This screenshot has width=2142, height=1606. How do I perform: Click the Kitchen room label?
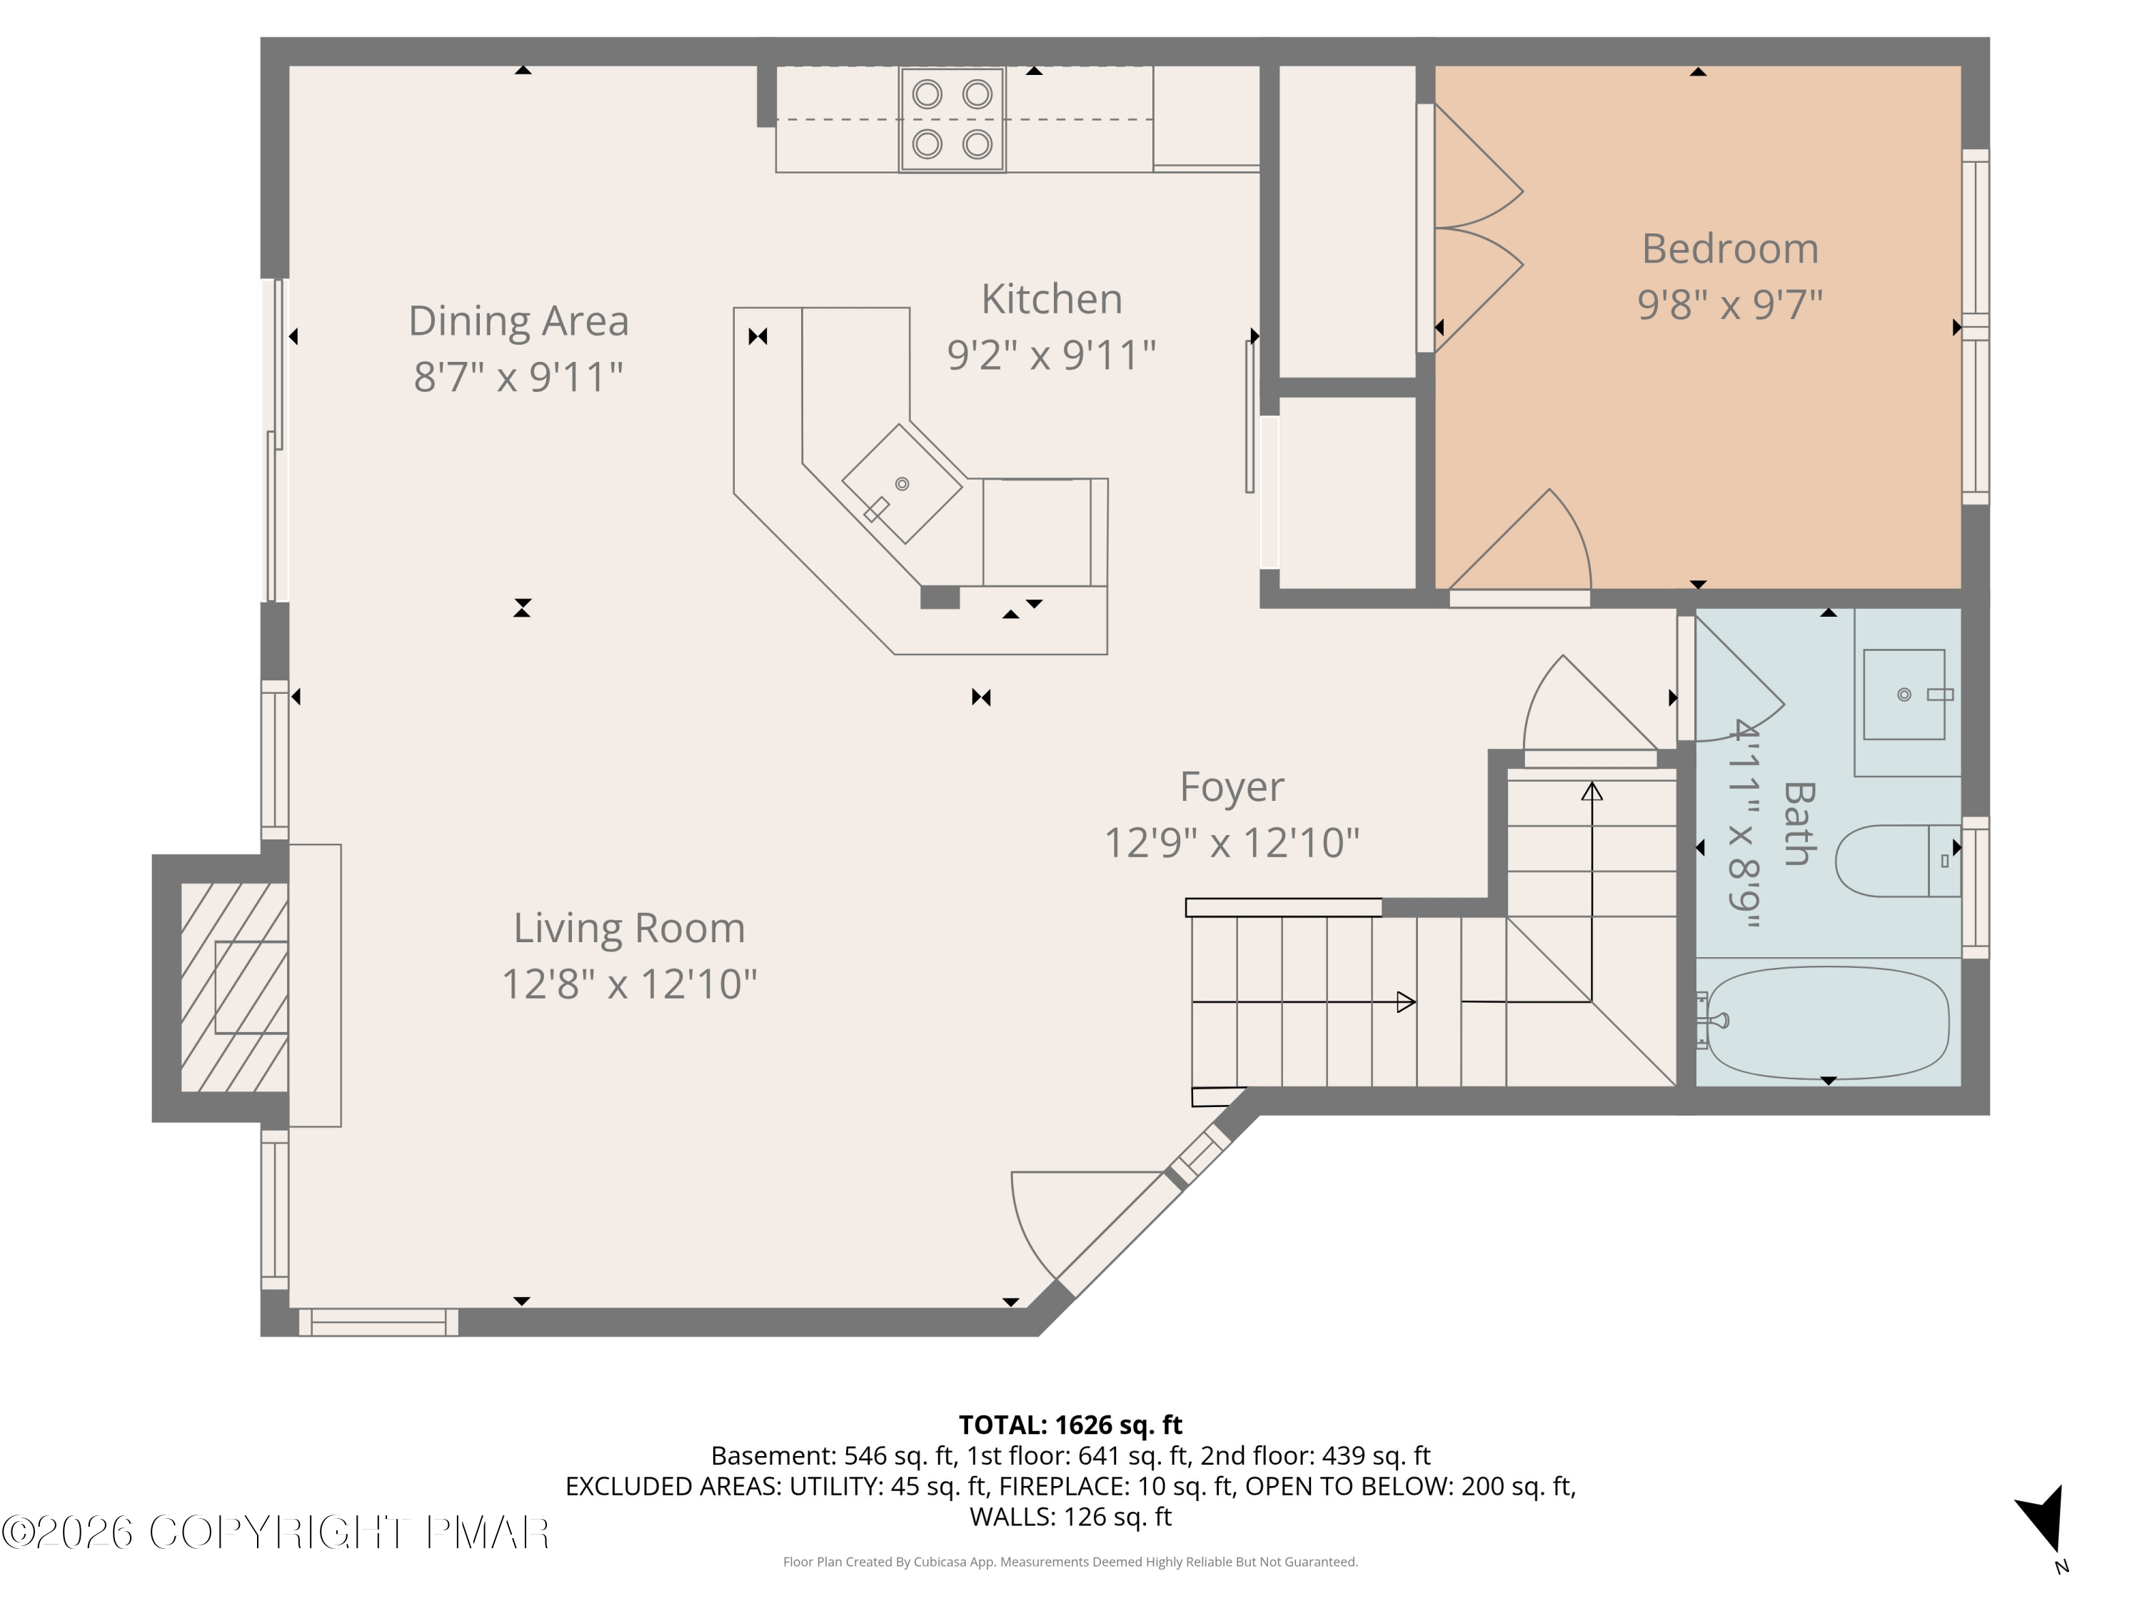coord(1052,299)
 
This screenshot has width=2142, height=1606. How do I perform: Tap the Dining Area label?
coord(518,321)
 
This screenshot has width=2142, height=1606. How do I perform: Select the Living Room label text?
coord(630,929)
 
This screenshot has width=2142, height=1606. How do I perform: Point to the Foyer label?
coord(1232,788)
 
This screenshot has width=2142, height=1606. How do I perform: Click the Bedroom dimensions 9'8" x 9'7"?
coord(1729,304)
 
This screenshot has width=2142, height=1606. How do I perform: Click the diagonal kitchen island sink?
coord(902,484)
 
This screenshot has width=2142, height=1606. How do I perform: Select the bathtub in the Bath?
coord(1826,1022)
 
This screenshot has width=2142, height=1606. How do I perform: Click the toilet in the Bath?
coord(1898,861)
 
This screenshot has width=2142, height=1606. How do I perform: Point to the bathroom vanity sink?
coord(1904,694)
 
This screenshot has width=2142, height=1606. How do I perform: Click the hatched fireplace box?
coord(234,987)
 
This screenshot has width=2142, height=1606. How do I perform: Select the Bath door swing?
coord(1738,677)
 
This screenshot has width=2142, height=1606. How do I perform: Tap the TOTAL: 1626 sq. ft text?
coord(1070,1425)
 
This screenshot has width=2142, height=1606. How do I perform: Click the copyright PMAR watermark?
coord(276,1532)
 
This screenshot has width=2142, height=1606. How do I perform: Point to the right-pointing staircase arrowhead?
coord(1406,1002)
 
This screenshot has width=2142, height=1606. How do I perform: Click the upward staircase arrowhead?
coord(1592,791)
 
